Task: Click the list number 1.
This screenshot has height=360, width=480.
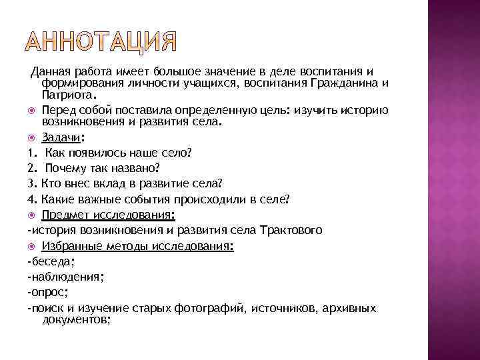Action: coord(31,153)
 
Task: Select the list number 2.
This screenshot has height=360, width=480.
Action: coord(31,168)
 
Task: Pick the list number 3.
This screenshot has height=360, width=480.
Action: coord(31,183)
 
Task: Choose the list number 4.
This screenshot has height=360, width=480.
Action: coord(31,199)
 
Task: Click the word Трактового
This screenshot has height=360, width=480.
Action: coord(291,230)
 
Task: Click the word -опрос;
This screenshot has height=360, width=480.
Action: coord(44,292)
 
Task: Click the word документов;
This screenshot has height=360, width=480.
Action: coord(76,319)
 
